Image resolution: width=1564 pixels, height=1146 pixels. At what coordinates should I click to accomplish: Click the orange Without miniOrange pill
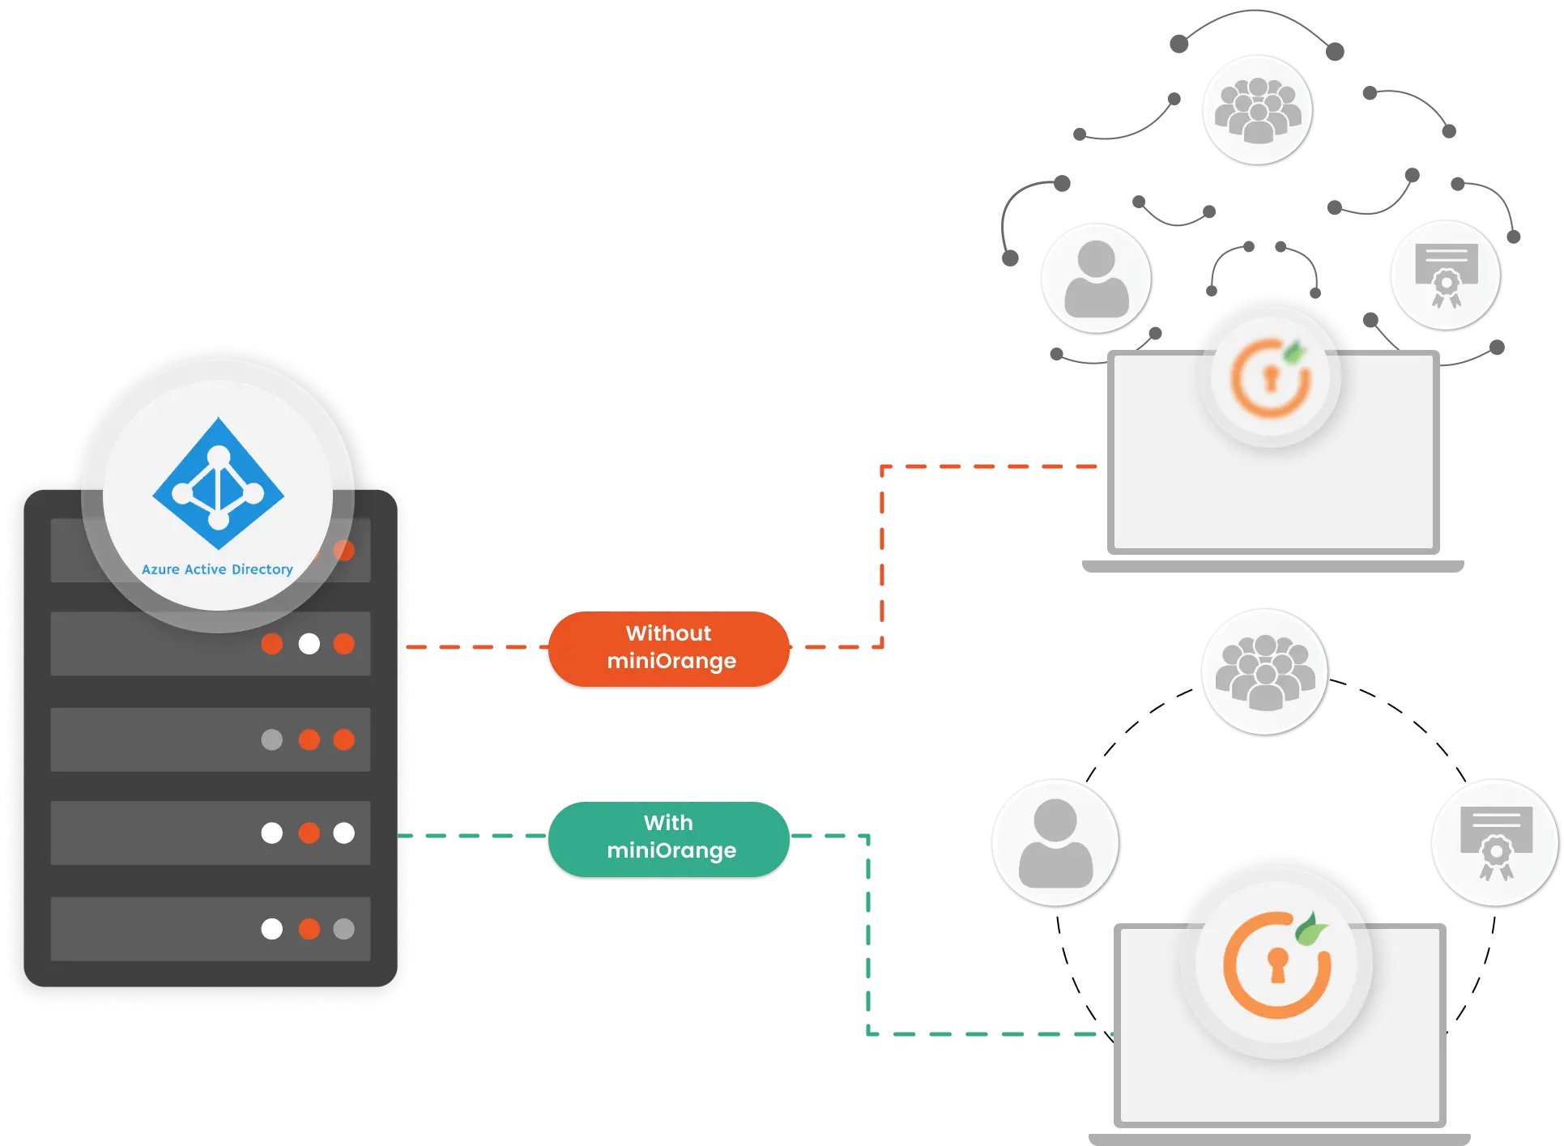tap(669, 648)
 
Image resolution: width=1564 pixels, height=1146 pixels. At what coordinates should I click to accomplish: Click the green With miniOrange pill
tap(669, 837)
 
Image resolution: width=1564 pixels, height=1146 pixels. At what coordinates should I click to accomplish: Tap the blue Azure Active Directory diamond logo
tap(219, 484)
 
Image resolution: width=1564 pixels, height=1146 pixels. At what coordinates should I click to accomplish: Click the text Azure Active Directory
tap(217, 569)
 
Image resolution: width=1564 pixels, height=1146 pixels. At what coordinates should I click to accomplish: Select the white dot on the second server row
tap(309, 644)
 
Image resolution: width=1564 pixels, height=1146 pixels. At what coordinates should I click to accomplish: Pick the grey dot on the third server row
tap(272, 739)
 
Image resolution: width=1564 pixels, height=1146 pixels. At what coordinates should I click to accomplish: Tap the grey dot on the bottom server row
tap(344, 929)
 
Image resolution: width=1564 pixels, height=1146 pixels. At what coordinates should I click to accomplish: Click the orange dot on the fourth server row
tap(309, 833)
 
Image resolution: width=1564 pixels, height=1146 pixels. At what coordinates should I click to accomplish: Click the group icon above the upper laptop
tap(1257, 109)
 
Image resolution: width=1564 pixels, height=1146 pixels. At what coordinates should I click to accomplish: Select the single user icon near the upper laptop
tap(1096, 278)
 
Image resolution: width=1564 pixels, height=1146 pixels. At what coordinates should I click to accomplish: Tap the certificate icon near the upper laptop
tap(1445, 275)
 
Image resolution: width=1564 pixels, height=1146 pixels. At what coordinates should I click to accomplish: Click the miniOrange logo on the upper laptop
tap(1270, 377)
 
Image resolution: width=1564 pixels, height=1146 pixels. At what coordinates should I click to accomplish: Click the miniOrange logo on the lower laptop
tap(1276, 964)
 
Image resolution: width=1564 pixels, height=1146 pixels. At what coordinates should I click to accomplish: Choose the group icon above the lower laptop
tap(1264, 672)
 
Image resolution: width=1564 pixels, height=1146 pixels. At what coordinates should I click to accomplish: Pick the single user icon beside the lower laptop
tap(1055, 843)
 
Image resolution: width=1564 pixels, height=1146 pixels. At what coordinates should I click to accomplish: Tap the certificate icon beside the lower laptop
tap(1495, 842)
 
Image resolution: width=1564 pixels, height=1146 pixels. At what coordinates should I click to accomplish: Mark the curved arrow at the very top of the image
tap(1257, 24)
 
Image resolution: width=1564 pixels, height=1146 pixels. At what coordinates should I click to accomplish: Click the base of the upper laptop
tap(1272, 566)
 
